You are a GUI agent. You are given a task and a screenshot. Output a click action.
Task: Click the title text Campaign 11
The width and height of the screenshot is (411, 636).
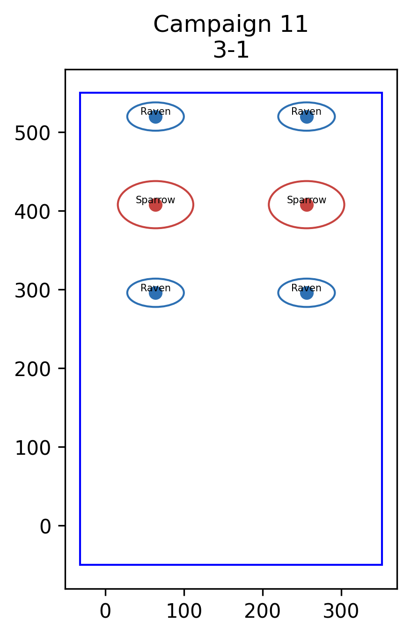point(230,24)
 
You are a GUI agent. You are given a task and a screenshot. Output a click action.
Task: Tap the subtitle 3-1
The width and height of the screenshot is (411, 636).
point(231,50)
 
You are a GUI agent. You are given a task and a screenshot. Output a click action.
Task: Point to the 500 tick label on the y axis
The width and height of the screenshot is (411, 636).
point(33,133)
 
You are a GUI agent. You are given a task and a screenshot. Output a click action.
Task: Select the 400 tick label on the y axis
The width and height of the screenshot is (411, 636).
point(33,212)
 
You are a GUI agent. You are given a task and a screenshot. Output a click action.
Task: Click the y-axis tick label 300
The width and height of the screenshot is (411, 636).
point(33,290)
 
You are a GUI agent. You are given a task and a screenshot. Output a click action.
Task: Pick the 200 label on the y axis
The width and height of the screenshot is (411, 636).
point(33,369)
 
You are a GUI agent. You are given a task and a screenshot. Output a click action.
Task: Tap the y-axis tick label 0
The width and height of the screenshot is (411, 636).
point(45,527)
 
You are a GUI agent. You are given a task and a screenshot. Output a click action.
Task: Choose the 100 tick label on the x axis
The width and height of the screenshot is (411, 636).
point(184,611)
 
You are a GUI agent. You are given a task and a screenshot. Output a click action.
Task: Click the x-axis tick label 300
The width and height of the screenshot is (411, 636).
point(341,611)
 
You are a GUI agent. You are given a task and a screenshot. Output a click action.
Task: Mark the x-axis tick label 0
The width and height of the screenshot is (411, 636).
point(105,611)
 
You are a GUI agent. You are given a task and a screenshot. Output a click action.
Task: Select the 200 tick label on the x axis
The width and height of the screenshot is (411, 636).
point(263,611)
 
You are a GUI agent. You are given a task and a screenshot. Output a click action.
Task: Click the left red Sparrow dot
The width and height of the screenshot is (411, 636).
point(155,205)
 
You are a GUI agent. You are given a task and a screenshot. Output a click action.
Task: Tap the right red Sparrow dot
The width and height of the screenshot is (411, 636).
point(307,205)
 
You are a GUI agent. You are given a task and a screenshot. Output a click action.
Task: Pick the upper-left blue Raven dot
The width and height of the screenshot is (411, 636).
point(155,117)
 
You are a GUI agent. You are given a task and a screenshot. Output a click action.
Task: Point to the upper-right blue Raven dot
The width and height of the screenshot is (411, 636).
point(307,117)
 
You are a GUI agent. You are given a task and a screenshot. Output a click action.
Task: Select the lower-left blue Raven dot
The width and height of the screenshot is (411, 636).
point(155,293)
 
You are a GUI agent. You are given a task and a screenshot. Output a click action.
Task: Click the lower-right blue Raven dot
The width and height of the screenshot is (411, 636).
point(307,293)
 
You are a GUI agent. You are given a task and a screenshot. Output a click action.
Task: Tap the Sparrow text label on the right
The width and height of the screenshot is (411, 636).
point(307,200)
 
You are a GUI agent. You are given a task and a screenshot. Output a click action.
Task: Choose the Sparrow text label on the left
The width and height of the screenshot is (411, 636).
point(155,200)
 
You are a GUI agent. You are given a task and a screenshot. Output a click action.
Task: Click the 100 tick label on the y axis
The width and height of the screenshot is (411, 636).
point(33,448)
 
